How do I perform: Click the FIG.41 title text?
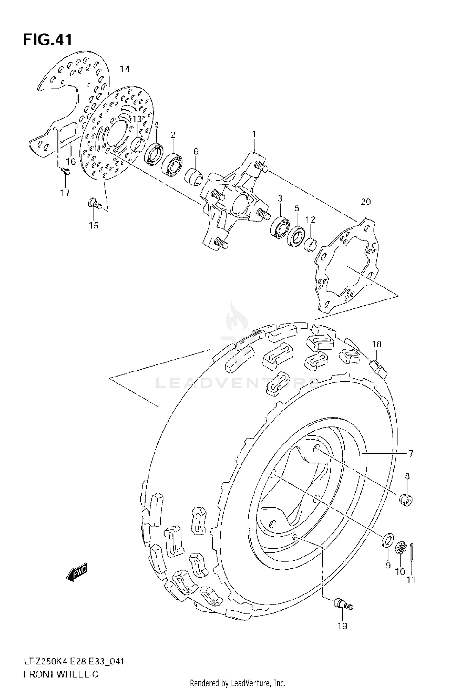point(48,40)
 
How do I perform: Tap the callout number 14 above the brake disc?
point(125,69)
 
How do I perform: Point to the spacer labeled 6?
point(194,176)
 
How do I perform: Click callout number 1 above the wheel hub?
point(254,135)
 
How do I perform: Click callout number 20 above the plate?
point(366,201)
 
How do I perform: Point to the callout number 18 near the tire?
point(377,344)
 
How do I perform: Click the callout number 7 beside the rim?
point(411,454)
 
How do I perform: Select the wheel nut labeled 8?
point(406,501)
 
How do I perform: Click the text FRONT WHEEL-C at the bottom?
point(61,672)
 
